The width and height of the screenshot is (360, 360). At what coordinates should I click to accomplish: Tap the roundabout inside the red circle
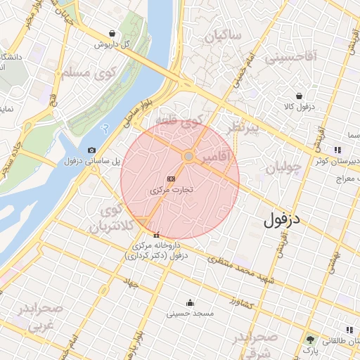(189, 156)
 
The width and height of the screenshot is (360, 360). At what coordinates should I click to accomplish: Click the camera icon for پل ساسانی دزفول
(92, 150)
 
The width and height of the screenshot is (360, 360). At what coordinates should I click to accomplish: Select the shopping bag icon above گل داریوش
(112, 33)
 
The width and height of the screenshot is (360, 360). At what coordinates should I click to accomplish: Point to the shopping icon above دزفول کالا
(300, 96)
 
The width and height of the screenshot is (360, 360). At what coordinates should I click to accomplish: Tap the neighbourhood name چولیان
(284, 169)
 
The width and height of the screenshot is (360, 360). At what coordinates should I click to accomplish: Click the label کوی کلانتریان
(108, 219)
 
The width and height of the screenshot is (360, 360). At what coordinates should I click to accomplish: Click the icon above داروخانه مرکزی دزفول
(156, 236)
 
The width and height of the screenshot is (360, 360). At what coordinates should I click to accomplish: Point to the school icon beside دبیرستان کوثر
(338, 150)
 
